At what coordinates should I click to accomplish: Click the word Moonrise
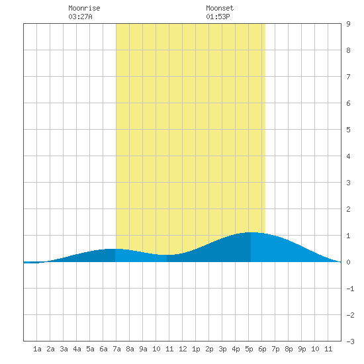84,8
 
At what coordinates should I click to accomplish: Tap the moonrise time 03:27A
80,17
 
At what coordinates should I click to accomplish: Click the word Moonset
220,8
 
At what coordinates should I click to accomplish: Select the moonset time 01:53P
218,17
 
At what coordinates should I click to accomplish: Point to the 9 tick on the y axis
348,24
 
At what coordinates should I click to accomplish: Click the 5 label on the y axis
348,130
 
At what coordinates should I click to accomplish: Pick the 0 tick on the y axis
348,262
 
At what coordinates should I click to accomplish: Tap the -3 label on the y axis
350,341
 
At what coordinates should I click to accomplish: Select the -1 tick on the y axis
350,289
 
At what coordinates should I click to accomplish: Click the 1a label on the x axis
37,349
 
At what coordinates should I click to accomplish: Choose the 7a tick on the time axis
116,349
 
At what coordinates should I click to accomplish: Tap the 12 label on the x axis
183,349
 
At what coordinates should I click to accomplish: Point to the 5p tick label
249,349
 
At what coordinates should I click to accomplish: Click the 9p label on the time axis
302,349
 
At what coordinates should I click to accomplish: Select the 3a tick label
64,349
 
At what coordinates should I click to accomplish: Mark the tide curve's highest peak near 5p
251,232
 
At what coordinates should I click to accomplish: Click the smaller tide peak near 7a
115,249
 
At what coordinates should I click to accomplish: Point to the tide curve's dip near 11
167,255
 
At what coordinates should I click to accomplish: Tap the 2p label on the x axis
209,349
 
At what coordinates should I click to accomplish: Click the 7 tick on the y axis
348,77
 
